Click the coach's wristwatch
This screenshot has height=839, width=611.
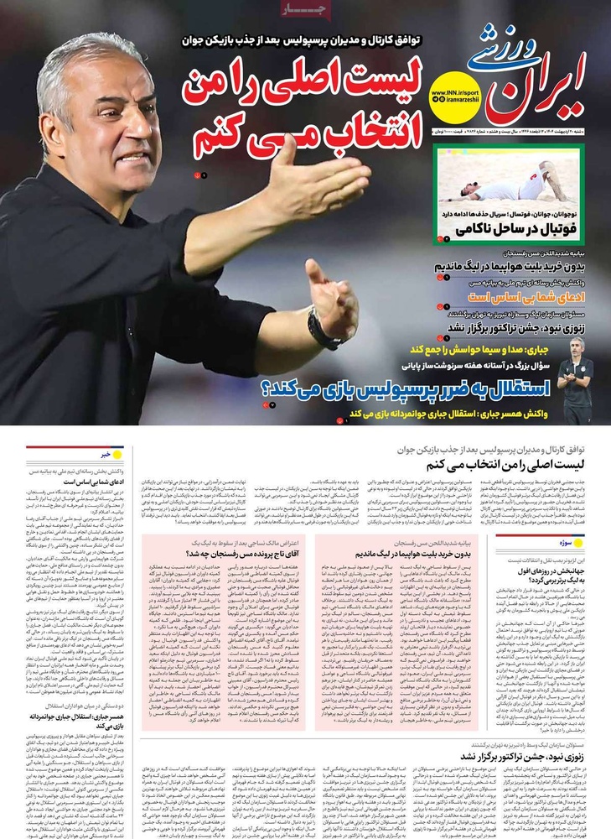click(323, 329)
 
